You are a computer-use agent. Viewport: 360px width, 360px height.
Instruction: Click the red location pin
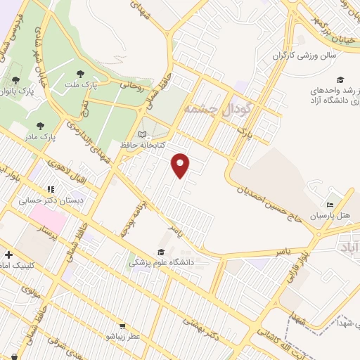coord(181,165)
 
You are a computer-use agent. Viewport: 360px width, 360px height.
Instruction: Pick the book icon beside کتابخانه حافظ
coord(143,134)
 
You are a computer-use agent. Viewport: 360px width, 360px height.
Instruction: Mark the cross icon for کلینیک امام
coord(8,255)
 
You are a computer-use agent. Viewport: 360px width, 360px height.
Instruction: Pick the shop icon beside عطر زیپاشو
coord(122,326)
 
